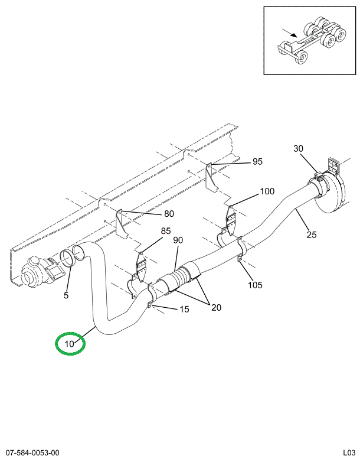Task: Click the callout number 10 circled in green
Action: [70, 343]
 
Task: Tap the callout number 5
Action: [66, 295]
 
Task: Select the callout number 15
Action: [184, 309]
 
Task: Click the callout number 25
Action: [311, 235]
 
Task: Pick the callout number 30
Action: [298, 149]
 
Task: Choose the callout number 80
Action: [169, 214]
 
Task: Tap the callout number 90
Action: [178, 240]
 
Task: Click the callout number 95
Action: [257, 162]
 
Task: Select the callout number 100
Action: [267, 191]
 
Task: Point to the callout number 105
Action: [255, 285]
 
